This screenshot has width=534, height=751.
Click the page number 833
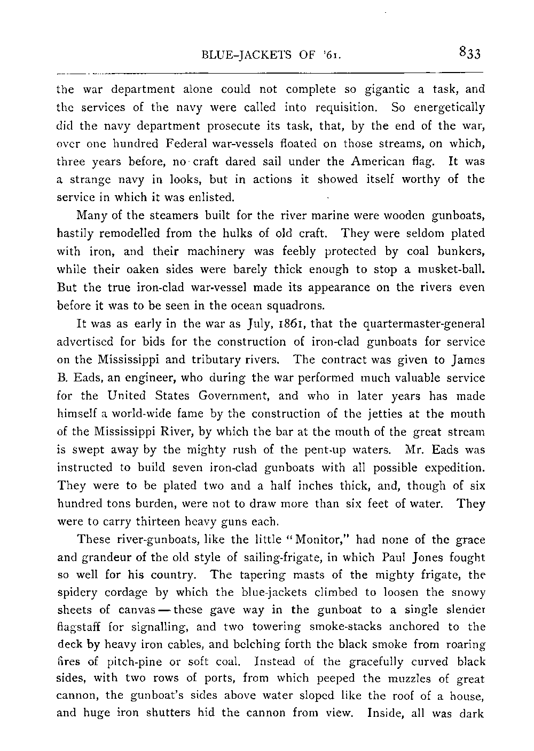point(469,53)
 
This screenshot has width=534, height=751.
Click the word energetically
point(447,107)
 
